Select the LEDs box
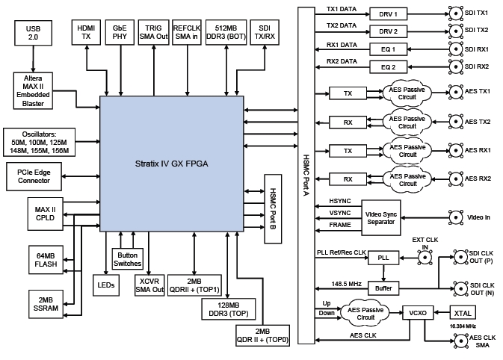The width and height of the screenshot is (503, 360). (105, 285)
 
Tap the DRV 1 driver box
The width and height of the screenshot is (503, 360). (384, 13)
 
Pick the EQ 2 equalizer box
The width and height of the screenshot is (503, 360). (384, 67)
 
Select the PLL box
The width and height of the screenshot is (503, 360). (384, 258)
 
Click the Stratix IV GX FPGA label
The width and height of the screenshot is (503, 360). (171, 163)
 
